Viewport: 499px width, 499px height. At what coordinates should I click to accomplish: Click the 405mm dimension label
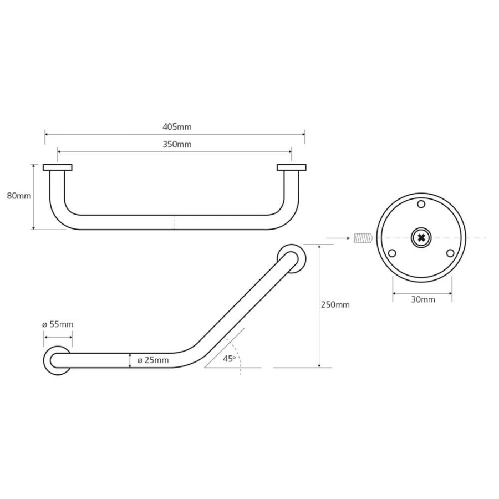coord(177,127)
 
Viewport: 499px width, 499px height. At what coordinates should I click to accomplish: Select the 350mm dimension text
coord(177,145)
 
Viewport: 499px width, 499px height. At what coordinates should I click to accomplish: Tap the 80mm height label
coord(19,196)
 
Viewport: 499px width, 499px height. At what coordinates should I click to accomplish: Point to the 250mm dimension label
coord(335,305)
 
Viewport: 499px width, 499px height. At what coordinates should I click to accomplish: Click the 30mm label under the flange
coord(423,299)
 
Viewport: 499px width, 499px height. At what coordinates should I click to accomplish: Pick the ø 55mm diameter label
coord(58,324)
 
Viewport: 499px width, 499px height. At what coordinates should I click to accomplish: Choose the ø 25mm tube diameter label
coord(153,360)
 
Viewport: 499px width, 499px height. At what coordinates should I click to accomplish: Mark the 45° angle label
coord(229,359)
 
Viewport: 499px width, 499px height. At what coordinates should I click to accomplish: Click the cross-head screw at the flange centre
coord(421,238)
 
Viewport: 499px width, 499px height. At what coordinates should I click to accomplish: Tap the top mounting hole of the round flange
coord(421,204)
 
